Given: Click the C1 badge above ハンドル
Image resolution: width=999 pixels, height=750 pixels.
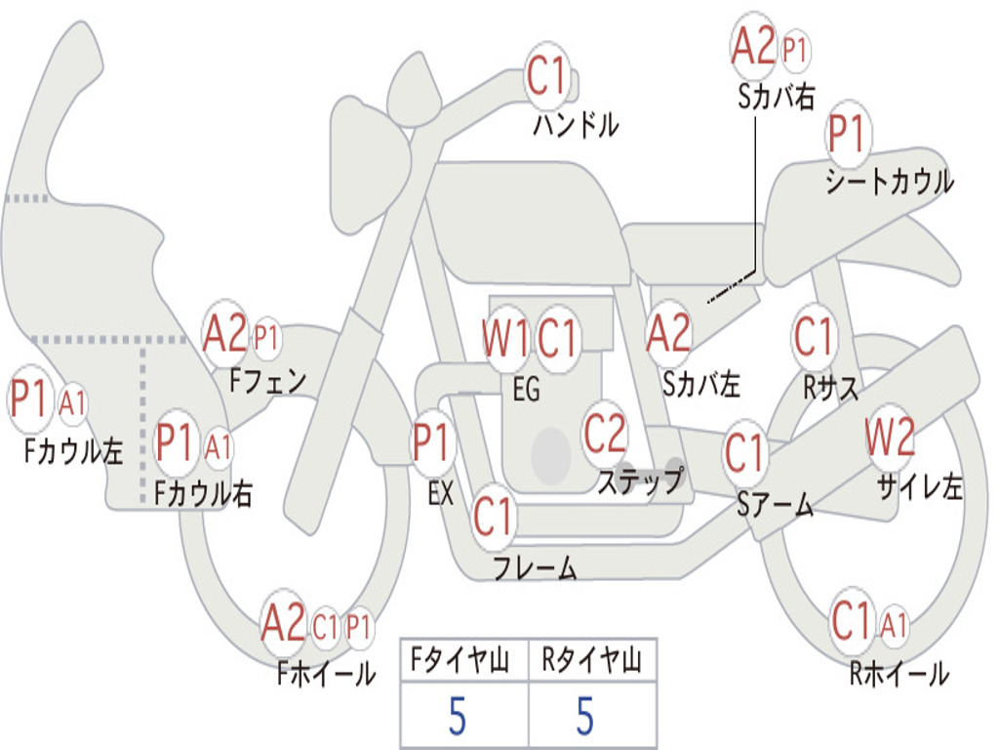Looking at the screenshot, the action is [546, 76].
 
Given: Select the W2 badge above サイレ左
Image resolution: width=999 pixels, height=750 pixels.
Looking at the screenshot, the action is [891, 437].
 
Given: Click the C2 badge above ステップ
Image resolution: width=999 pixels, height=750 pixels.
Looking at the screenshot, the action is [605, 433].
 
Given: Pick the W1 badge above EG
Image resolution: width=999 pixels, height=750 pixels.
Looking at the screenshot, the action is [506, 337].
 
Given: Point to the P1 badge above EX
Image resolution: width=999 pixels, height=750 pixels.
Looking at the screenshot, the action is [432, 442].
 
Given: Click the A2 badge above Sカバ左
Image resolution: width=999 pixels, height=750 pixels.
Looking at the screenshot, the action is [668, 333].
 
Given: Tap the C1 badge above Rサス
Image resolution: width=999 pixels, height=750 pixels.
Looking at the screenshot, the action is [814, 336].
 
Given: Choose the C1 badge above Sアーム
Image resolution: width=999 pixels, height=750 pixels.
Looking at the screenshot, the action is [744, 451].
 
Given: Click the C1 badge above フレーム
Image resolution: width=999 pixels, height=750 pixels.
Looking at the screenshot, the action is [493, 516].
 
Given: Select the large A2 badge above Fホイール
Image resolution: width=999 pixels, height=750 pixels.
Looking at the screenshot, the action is [284, 622].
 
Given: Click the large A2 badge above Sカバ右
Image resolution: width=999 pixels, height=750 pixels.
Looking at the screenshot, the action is [753, 46].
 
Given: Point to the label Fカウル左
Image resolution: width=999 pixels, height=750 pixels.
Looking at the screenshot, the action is [73, 450].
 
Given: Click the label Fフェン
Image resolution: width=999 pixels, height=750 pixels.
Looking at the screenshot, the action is [267, 382].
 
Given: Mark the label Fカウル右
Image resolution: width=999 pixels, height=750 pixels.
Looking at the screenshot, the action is [203, 493].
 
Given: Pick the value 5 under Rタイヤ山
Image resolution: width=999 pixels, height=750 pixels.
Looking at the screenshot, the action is [585, 715].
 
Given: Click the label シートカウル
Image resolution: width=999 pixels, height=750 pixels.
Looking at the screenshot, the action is [890, 181].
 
